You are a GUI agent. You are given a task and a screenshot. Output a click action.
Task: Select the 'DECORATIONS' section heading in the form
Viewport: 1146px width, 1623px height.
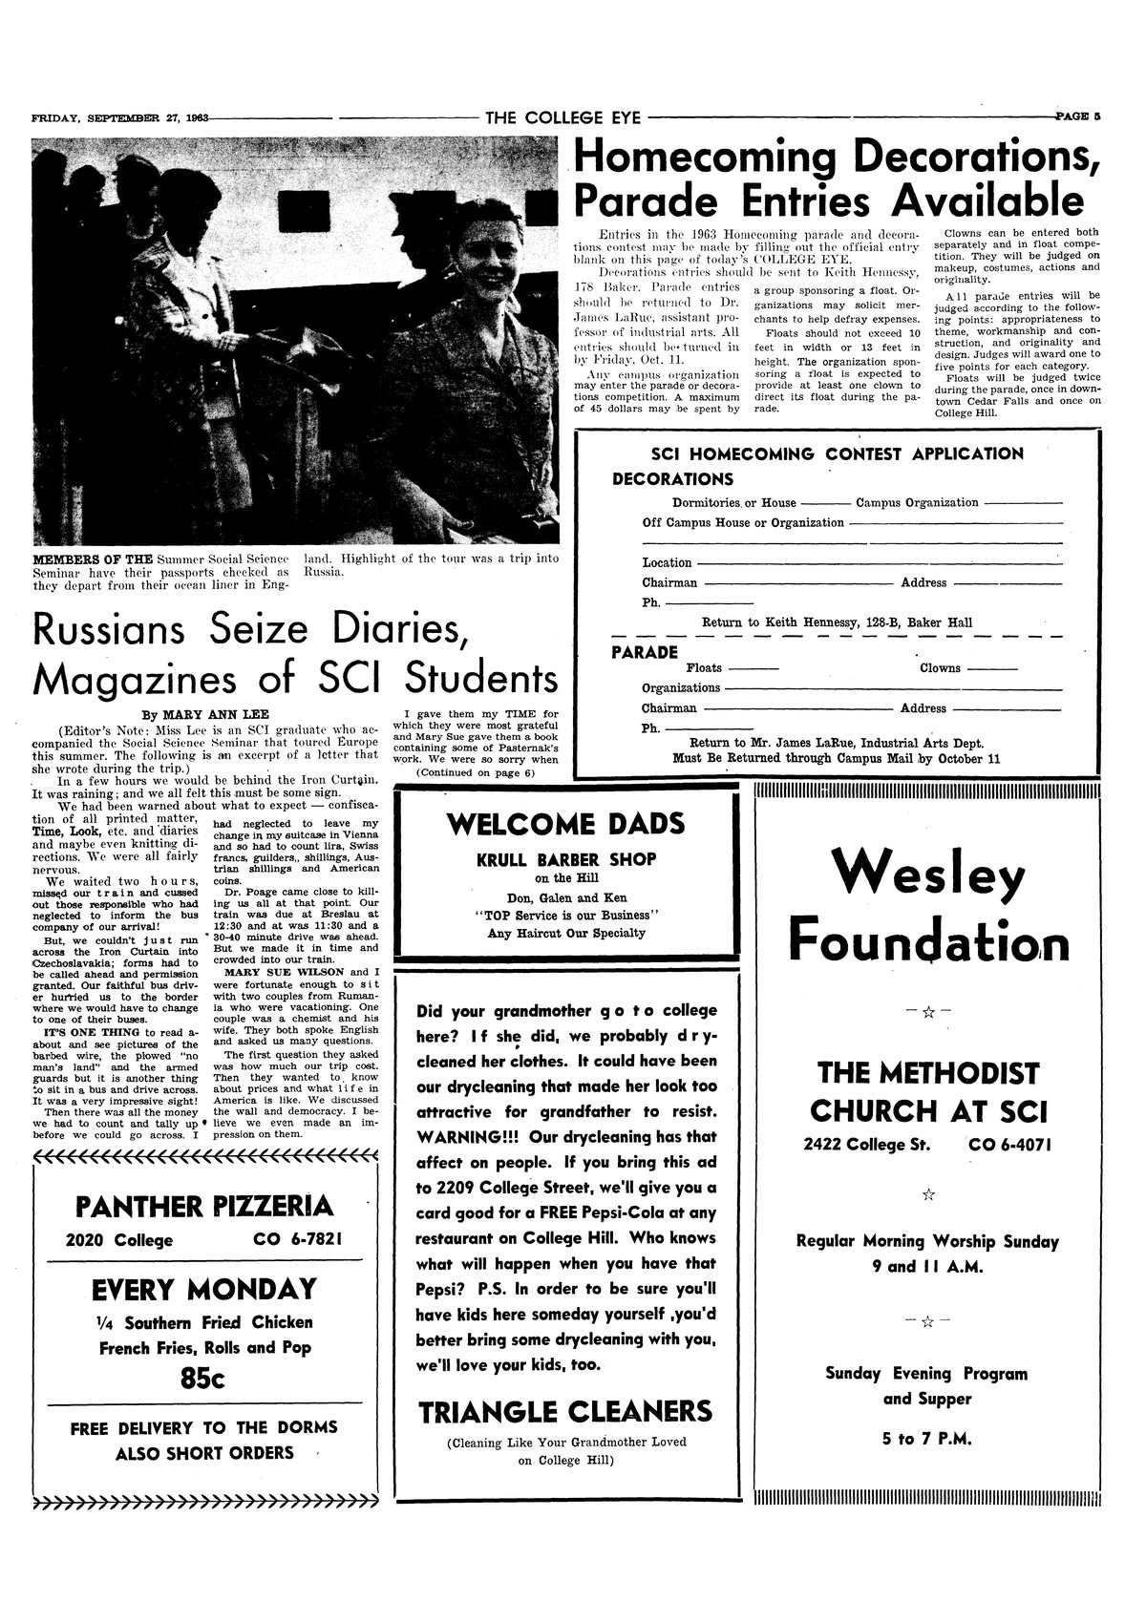[x=673, y=479]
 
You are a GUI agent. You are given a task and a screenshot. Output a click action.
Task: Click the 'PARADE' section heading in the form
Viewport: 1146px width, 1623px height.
[x=644, y=653]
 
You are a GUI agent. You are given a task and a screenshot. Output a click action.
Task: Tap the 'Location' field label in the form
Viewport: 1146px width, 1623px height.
[x=667, y=563]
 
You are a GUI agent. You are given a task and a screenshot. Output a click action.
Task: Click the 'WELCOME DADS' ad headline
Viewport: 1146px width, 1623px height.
[x=566, y=823]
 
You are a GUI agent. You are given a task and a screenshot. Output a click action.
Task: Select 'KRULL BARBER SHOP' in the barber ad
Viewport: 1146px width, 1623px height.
[x=566, y=859]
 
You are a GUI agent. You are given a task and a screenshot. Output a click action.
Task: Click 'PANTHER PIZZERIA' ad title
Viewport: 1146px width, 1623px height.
[x=204, y=1207]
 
